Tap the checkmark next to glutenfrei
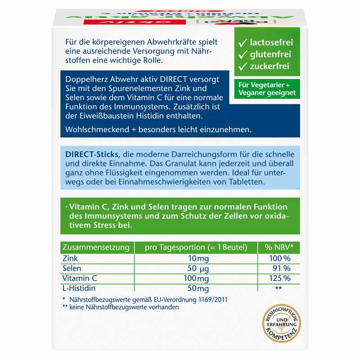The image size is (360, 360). tap(243, 55)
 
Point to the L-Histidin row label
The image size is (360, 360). tap(81, 288)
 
